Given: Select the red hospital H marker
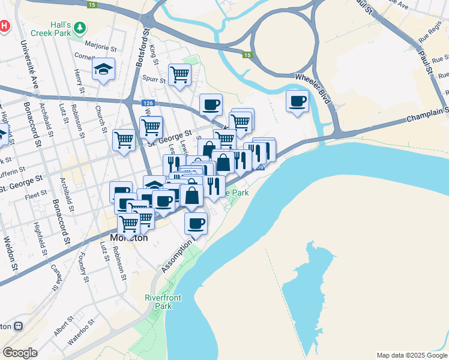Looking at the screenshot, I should coord(4,26).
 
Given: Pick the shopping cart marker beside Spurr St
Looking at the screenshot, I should coord(179,75).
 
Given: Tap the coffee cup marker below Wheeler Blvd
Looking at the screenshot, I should coord(297,101).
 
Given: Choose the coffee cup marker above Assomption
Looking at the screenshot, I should coord(196,224).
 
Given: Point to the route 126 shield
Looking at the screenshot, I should coord(148,103).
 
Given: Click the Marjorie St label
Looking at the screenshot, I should coord(100,46).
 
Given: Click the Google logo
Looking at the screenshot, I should coord(20,353).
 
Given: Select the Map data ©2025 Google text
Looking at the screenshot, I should coord(411,355).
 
